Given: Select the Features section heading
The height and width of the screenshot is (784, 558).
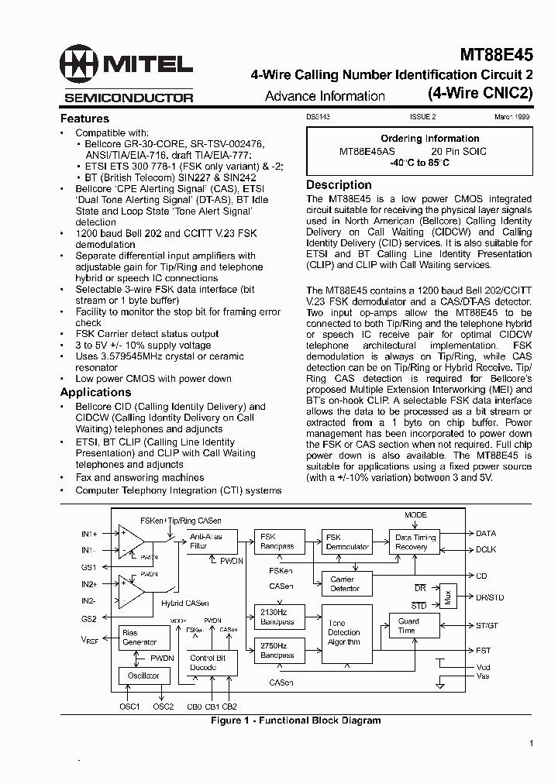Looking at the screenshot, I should (84, 119).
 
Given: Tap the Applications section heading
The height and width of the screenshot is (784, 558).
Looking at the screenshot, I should (95, 392).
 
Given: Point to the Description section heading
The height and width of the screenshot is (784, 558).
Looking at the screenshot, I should (339, 185).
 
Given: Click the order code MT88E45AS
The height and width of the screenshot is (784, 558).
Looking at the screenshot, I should (367, 152).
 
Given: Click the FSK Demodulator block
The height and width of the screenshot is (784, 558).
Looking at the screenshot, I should (347, 542).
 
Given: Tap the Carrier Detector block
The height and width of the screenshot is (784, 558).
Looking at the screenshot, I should (346, 583).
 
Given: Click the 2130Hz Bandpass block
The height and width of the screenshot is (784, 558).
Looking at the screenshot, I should (276, 617).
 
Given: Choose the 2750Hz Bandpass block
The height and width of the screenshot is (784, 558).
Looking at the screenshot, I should (276, 650).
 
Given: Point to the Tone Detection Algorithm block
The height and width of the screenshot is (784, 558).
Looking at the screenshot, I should (346, 633).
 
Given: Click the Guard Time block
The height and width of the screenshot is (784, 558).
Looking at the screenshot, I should (408, 625).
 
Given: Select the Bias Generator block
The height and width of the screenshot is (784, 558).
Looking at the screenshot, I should (143, 638).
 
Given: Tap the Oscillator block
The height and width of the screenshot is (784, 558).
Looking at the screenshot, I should (143, 676).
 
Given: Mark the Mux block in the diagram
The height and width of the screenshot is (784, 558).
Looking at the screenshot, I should (447, 597).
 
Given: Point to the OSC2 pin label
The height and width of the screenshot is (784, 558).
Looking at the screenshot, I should (163, 706).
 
